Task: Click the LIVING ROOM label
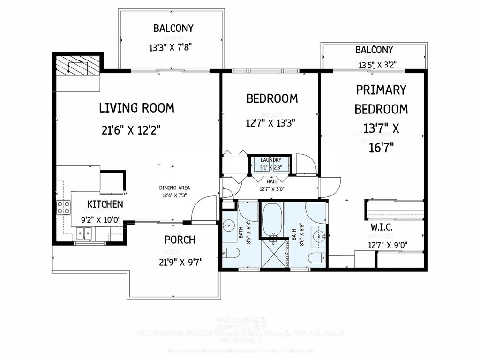coord(136,108)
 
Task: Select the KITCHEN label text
coord(105,204)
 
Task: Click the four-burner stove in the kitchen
coord(63,207)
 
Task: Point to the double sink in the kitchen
coord(85,232)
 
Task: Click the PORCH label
coord(180,240)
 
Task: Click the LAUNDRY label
coord(271,160)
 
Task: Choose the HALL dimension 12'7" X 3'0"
coord(272,189)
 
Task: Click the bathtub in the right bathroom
coord(271,220)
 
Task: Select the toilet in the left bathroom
coord(231,254)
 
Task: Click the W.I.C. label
coord(382,227)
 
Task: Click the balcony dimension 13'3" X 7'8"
coord(171,47)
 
